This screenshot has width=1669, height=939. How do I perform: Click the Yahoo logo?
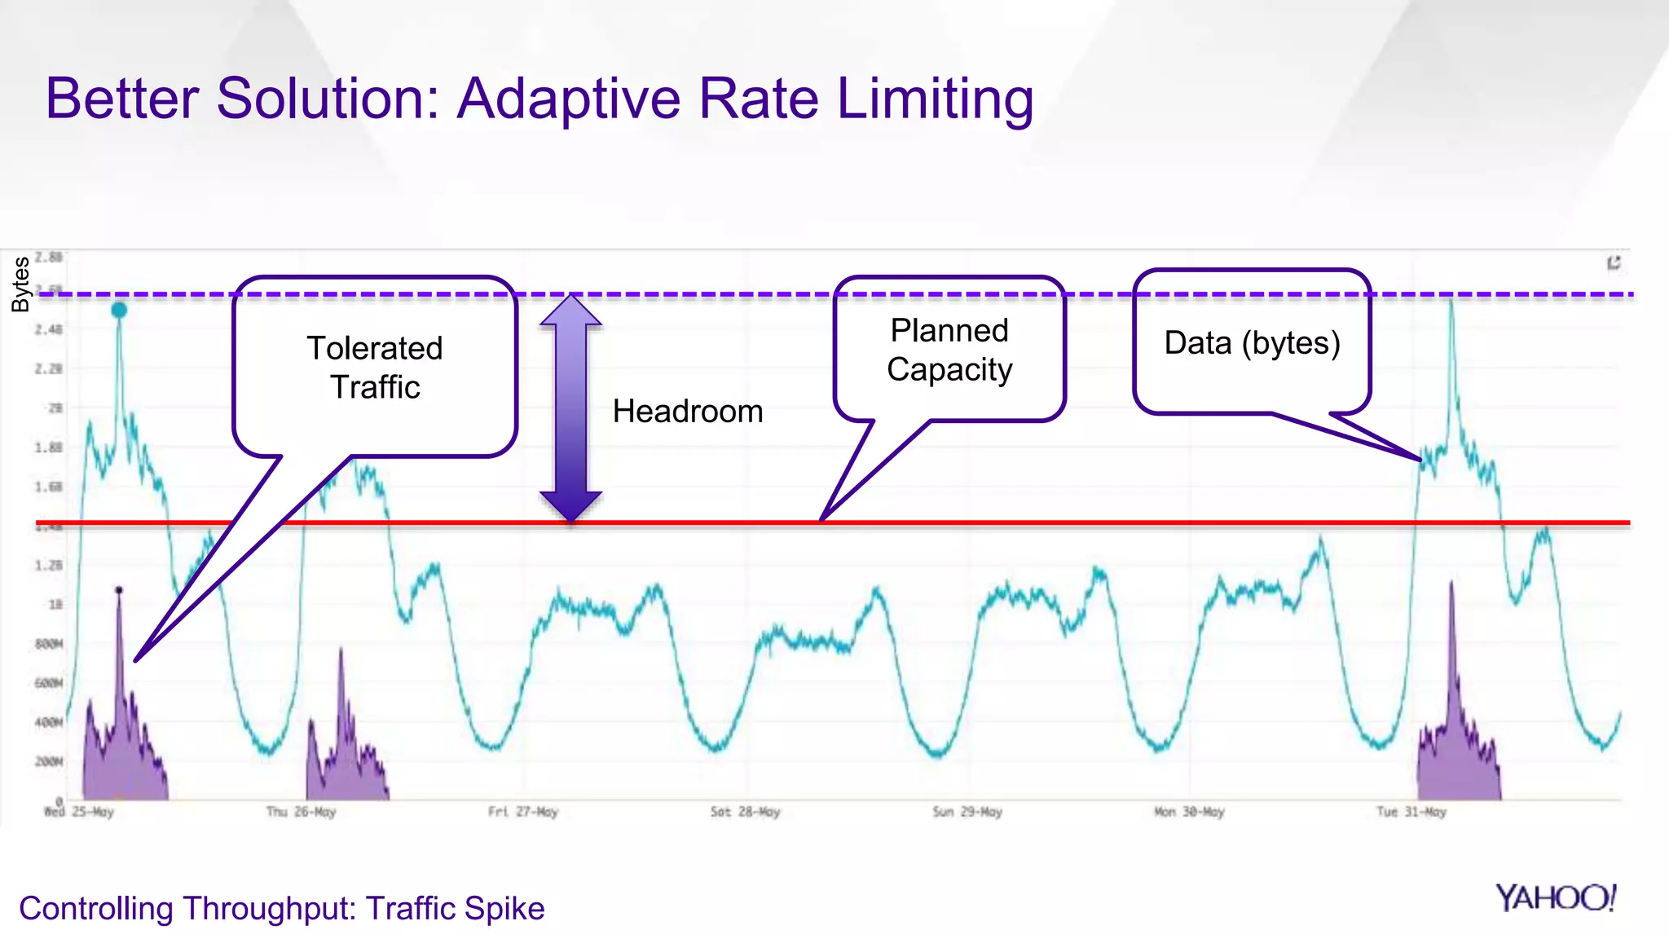point(1555,898)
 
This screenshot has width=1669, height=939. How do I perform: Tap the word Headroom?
point(688,412)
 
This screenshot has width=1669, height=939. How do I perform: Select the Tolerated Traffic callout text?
point(375,368)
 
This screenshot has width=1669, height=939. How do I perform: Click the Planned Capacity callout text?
point(949,350)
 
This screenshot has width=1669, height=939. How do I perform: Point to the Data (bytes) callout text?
point(1252,343)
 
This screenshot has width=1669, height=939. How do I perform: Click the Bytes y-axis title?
point(20,284)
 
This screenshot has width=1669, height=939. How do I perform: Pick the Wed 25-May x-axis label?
point(78,812)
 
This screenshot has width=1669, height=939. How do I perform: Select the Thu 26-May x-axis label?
point(301,812)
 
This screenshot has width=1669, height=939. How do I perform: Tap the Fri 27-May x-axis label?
point(523,812)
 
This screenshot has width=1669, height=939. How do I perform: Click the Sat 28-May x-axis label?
point(745,812)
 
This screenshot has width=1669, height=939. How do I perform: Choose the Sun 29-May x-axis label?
point(967,812)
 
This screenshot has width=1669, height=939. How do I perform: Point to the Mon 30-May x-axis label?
point(1189,812)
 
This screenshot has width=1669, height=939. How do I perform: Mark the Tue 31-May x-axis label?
point(1411,812)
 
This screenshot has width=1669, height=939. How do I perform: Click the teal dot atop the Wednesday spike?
point(119,311)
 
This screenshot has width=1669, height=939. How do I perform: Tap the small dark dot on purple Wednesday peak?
point(119,589)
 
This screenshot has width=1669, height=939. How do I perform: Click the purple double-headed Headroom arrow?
point(570,408)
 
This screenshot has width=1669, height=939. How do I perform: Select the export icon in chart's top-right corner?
point(1614,262)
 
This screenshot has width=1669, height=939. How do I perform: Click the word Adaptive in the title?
point(569,99)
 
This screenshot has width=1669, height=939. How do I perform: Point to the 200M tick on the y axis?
point(48,761)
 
